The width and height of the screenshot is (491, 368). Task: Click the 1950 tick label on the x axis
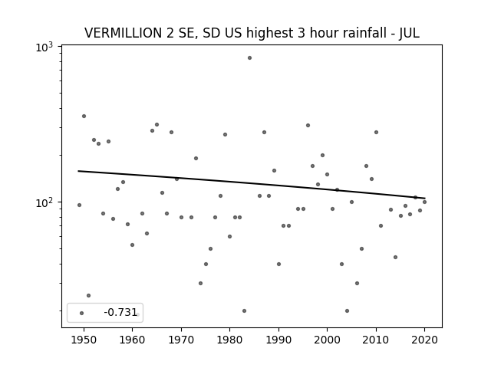tap(84, 340)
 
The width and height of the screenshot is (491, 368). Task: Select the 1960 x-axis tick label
tap(132, 340)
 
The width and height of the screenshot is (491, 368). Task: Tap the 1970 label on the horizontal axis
tap(181, 340)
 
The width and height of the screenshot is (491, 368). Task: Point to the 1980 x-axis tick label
tap(229, 340)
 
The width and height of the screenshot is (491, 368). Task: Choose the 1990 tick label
tap(278, 340)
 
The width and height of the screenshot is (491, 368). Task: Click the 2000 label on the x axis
tap(327, 340)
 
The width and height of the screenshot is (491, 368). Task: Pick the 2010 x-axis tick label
tap(376, 340)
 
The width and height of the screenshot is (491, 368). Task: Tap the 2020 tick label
tap(424, 340)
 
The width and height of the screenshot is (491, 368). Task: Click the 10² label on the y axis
tap(44, 202)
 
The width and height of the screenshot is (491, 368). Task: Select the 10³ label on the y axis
tap(44, 47)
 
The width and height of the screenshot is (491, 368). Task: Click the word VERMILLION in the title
tap(123, 33)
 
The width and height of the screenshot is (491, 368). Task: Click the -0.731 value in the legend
tap(120, 312)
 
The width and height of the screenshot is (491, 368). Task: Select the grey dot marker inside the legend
tap(82, 313)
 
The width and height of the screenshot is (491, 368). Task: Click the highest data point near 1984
tap(249, 58)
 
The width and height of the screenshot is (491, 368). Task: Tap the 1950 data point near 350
tap(84, 116)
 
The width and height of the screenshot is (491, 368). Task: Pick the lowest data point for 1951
tap(89, 295)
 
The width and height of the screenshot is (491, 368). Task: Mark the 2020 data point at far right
tap(424, 202)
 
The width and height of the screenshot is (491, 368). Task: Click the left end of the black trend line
tap(78, 171)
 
